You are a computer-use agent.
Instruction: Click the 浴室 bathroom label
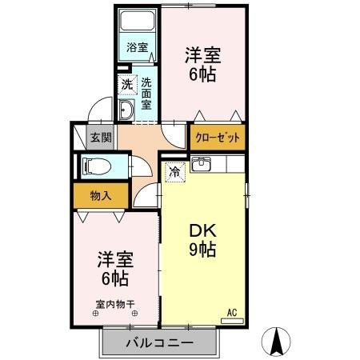(x=138, y=47)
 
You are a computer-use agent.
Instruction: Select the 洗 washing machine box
(x=128, y=84)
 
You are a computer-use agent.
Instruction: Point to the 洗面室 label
(x=147, y=92)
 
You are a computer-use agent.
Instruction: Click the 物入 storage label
(x=100, y=195)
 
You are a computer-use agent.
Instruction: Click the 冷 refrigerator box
(x=175, y=170)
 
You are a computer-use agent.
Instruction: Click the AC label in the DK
(x=232, y=312)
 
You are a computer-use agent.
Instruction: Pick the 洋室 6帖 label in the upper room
(x=203, y=64)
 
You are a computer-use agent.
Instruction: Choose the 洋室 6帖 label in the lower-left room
(x=115, y=269)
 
